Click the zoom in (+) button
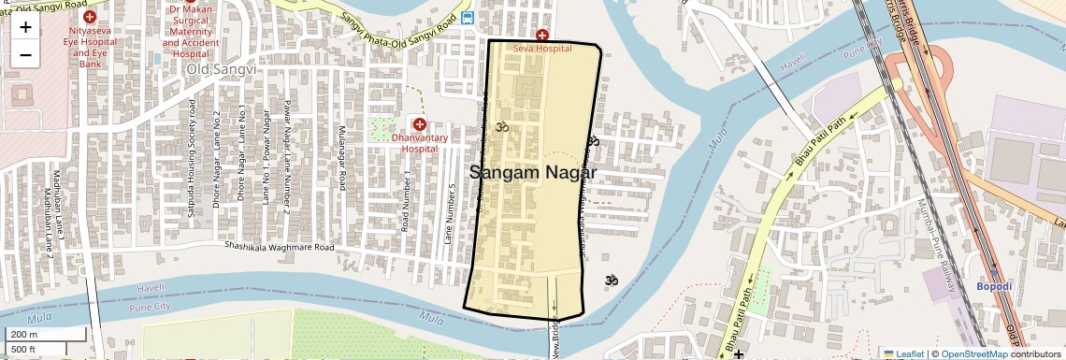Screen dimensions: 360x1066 point(25,27)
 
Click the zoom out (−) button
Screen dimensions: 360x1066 point(25,54)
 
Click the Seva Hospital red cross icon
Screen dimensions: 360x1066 point(541,35)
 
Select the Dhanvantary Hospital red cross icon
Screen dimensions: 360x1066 point(419,124)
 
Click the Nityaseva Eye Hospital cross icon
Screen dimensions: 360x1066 point(89,17)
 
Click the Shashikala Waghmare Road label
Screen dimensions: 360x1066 point(279,248)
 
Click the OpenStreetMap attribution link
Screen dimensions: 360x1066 point(974,353)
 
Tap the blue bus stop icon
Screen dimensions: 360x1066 point(468,18)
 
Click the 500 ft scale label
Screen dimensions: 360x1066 point(24,349)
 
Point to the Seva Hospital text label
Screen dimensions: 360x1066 point(541,48)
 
